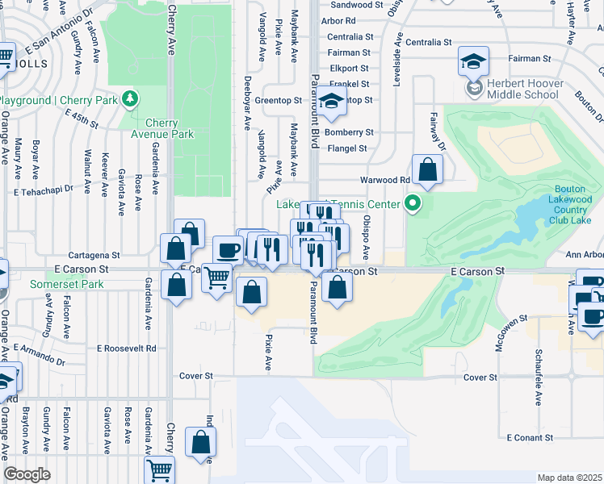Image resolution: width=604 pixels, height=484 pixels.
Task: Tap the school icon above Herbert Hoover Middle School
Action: click(473, 60)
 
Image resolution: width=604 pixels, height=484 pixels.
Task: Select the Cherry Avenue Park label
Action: click(161, 128)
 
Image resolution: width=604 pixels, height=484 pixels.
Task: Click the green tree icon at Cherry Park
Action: click(129, 99)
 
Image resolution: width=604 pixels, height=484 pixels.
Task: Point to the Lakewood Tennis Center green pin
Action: click(414, 203)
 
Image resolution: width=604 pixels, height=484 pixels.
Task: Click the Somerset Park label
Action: click(67, 284)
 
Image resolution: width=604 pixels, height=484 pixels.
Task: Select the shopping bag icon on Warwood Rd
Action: click(428, 169)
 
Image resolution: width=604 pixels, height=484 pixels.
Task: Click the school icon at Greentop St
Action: click(330, 101)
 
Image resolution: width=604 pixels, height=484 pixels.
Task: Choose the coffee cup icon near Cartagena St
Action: click(228, 250)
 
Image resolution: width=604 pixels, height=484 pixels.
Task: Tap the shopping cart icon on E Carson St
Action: click(216, 278)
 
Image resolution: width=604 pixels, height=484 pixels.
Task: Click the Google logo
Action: click(27, 474)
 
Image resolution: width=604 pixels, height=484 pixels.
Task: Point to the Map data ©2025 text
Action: click(570, 478)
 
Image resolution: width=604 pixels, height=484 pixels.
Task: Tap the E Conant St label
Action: click(529, 437)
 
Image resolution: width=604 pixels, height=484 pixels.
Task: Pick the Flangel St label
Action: click(346, 148)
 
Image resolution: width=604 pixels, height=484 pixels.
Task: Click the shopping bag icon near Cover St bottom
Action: click(200, 441)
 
